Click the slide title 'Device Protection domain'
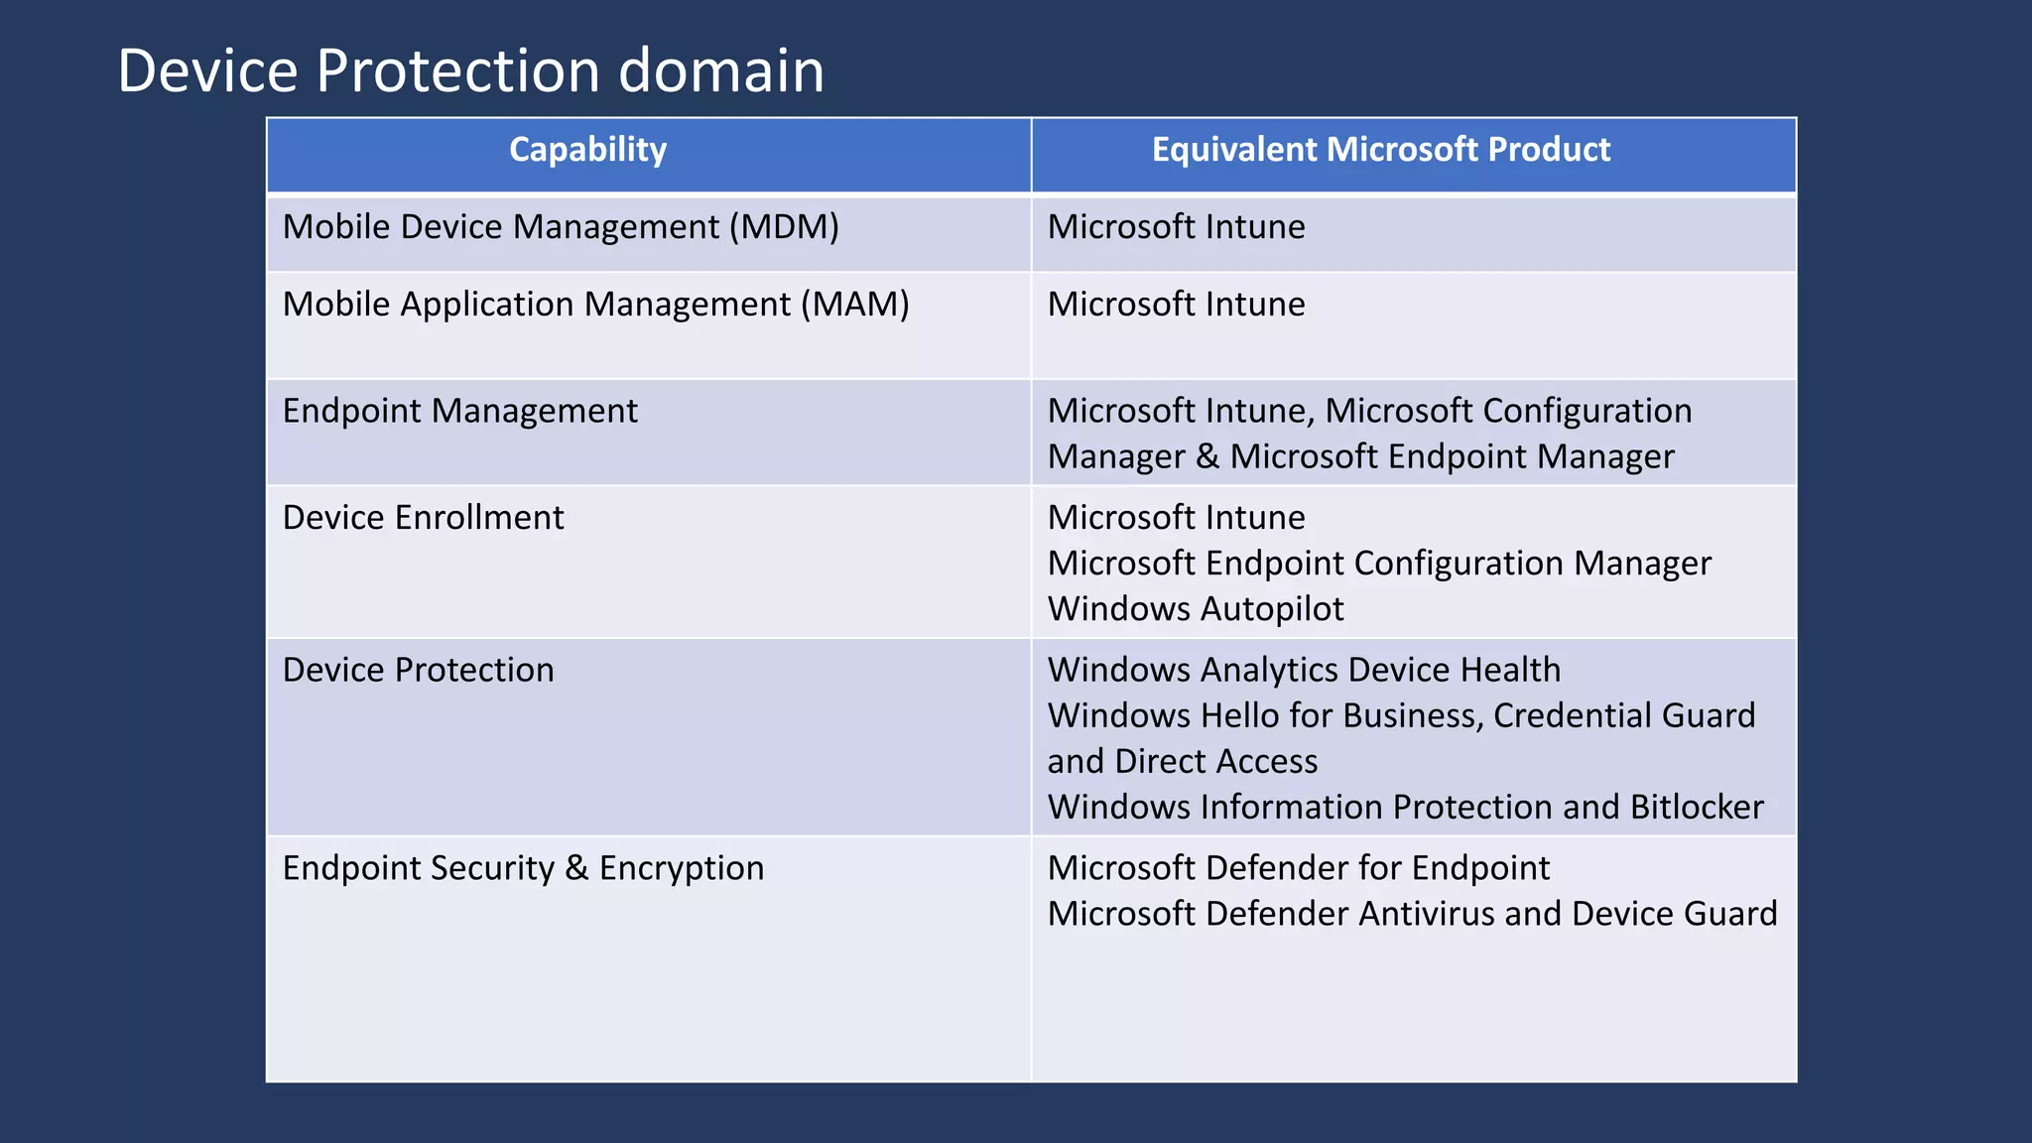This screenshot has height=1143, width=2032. click(x=470, y=71)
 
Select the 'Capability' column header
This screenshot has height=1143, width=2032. click(x=587, y=150)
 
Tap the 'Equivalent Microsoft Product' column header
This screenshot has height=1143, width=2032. click(x=1380, y=150)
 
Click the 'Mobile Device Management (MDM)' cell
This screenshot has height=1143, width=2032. click(x=561, y=227)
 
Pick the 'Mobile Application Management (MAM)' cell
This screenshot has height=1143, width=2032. click(x=595, y=305)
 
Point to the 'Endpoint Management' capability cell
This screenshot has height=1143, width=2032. click(x=459, y=411)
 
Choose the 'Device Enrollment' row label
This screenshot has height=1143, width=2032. click(x=423, y=518)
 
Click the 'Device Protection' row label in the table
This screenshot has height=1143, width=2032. click(x=418, y=671)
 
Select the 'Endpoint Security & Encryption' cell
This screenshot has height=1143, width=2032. click(x=523, y=868)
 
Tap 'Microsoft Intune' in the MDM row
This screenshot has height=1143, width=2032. click(x=1176, y=227)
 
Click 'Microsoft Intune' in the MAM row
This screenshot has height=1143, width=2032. click(x=1176, y=305)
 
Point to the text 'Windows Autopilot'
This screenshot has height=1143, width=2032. click(x=1196, y=609)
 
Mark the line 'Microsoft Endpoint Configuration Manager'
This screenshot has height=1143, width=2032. click(x=1379, y=564)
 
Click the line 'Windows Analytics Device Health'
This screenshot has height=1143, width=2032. click(x=1304, y=671)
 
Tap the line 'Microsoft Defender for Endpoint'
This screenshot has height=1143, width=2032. click(x=1298, y=868)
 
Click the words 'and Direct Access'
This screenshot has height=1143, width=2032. click(x=1183, y=762)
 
